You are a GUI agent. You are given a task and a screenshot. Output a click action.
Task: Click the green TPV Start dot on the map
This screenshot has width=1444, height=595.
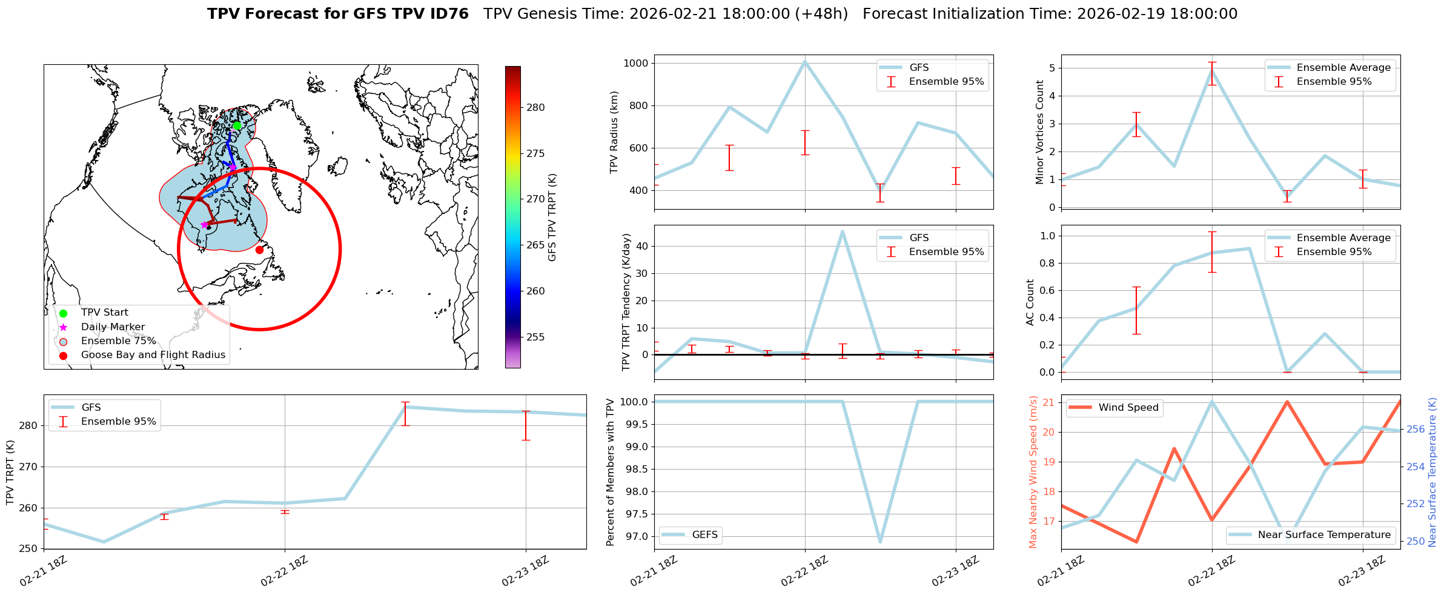click(x=237, y=125)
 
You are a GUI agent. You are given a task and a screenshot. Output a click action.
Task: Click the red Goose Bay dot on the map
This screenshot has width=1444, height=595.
click(x=259, y=250)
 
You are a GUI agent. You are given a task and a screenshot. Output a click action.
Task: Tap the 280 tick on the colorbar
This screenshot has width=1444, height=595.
click(x=535, y=108)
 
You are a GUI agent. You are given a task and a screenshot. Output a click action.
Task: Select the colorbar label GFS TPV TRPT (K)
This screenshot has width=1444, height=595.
click(x=552, y=218)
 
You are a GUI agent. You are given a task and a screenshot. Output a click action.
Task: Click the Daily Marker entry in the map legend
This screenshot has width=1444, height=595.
click(x=113, y=327)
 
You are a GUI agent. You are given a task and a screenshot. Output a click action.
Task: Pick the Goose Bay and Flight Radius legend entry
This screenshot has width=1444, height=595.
click(x=153, y=355)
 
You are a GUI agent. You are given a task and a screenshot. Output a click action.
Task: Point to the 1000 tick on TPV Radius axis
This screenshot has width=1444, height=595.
click(x=636, y=64)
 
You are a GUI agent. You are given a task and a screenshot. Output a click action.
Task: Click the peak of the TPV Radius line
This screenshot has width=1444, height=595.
click(x=805, y=61)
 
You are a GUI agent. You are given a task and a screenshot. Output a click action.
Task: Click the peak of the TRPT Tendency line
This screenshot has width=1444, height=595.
click(x=843, y=231)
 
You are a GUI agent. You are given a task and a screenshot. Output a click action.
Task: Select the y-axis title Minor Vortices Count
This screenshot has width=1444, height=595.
click(x=1040, y=132)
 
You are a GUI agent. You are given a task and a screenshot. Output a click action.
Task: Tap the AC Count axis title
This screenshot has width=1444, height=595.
click(x=1030, y=302)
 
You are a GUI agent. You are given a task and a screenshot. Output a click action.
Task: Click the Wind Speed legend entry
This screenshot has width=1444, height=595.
click(x=1128, y=408)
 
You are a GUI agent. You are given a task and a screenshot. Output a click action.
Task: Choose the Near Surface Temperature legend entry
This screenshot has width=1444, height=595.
click(x=1323, y=535)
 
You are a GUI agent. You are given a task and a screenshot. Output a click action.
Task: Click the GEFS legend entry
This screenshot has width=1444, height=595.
click(x=704, y=535)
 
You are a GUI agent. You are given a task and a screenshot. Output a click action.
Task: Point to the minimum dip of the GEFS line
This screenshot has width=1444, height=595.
click(x=880, y=542)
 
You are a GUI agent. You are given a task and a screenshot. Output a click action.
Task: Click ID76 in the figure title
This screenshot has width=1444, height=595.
click(x=448, y=14)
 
